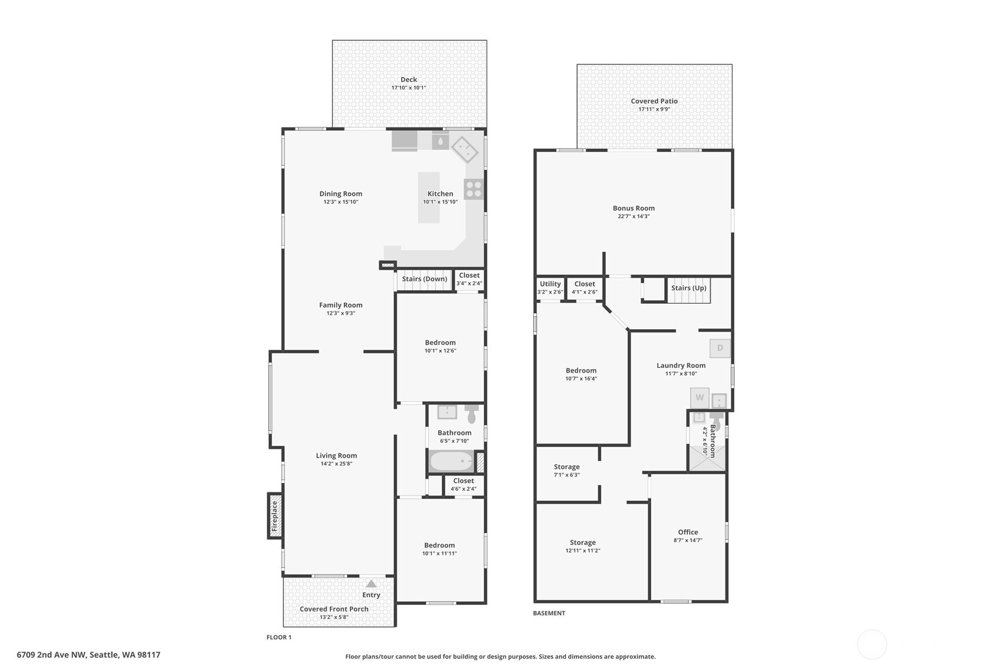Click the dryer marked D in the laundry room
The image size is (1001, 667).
tap(720, 348)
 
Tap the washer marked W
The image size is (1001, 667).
tap(700, 397)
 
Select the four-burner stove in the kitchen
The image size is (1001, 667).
tap(474, 189)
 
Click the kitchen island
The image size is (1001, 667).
tap(429, 198)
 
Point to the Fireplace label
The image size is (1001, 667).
tap(274, 516)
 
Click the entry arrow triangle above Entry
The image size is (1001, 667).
tap(371, 583)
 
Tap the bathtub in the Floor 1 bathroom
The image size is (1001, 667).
tap(451, 461)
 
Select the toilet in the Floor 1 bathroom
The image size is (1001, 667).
tap(471, 415)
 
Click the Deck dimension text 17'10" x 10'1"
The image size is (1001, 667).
tap(408, 88)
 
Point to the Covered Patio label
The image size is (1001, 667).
tap(654, 101)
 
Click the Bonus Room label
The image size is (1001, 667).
tap(634, 208)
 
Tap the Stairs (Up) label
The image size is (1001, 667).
tap(688, 288)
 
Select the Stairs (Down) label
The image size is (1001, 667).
tap(425, 279)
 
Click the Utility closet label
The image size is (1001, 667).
tap(550, 284)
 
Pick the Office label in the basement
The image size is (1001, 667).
tap(688, 532)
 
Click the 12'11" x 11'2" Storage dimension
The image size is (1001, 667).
tap(582, 551)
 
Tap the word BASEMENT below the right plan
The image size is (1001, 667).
tap(549, 613)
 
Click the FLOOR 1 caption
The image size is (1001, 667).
tap(279, 638)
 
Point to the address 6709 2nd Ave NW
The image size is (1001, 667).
tap(88, 655)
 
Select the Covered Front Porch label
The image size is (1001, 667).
tap(334, 609)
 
